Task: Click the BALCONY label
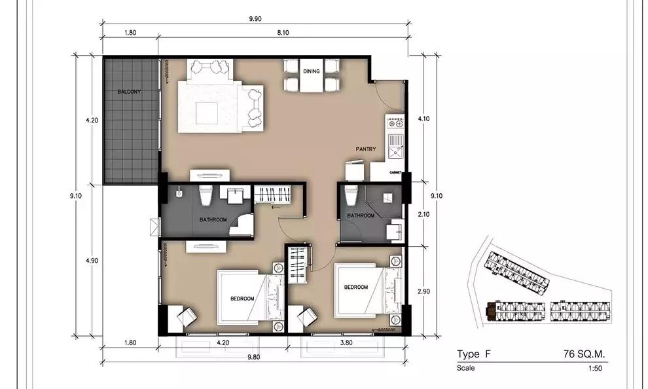[x=129, y=92]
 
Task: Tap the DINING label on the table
[x=311, y=71]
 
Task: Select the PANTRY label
[x=366, y=149]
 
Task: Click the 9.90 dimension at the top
[x=255, y=18]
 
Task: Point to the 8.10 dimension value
[x=283, y=33]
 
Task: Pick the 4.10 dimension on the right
[x=423, y=119]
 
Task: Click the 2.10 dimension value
[x=423, y=214]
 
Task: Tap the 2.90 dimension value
[x=423, y=291]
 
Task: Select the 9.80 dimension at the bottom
[x=254, y=357]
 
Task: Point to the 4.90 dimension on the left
[x=92, y=261]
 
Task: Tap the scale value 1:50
[x=595, y=368]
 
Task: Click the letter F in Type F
[x=488, y=354]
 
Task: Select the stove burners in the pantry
[x=395, y=123]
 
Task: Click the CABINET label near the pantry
[x=395, y=172]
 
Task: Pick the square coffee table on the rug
[x=207, y=113]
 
